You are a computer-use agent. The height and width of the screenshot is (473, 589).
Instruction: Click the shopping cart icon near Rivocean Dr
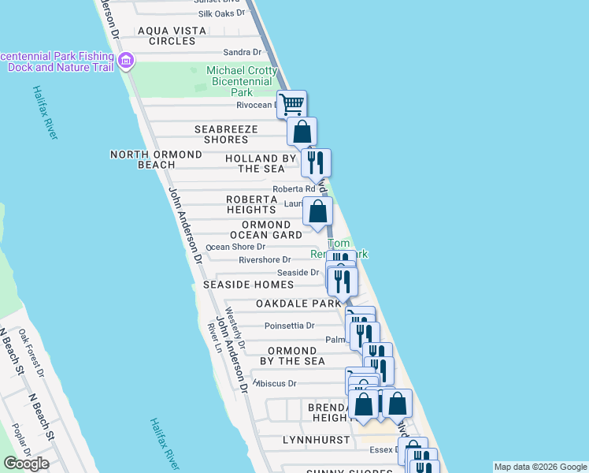click(x=292, y=103)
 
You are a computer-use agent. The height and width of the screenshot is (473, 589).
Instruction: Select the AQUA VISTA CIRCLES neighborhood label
click(x=172, y=35)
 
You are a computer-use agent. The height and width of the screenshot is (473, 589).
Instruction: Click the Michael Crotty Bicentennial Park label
click(x=242, y=80)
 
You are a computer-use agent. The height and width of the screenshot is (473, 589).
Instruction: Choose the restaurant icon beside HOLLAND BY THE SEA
click(x=316, y=162)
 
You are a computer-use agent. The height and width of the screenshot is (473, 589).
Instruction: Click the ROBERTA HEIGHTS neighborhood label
click(x=251, y=204)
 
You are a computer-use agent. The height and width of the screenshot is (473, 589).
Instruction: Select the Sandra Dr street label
click(x=242, y=52)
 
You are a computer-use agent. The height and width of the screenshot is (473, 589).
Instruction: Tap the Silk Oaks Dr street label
click(x=222, y=14)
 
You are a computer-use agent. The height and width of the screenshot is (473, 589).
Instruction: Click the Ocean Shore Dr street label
click(x=235, y=247)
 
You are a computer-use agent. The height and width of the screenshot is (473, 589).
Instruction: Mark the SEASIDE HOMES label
click(x=248, y=285)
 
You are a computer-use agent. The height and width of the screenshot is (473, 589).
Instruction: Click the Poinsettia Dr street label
click(x=289, y=325)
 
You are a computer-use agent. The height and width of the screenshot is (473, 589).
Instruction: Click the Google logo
click(x=26, y=464)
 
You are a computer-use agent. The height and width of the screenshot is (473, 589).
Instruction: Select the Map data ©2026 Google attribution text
click(x=540, y=467)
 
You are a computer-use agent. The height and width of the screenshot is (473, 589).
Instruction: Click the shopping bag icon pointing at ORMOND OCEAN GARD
click(x=317, y=211)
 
